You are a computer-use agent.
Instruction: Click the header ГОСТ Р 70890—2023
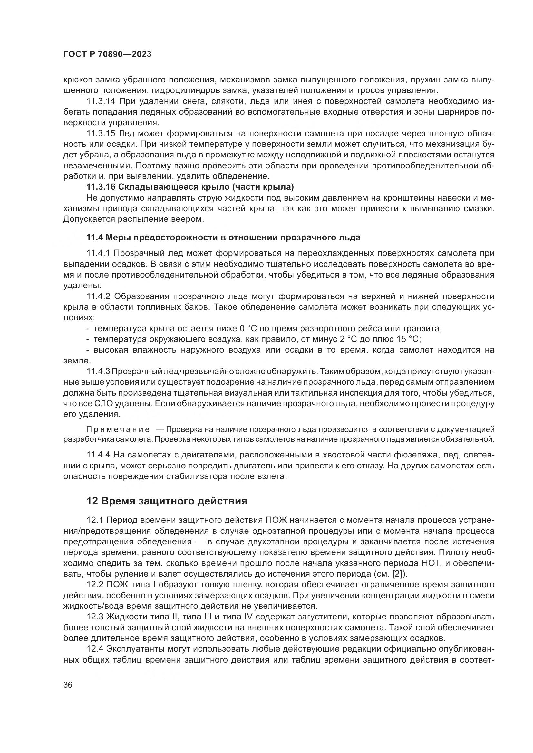[x=107, y=54]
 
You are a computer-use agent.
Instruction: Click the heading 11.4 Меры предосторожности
[x=223, y=237]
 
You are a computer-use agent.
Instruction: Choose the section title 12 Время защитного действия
[x=166, y=501]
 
